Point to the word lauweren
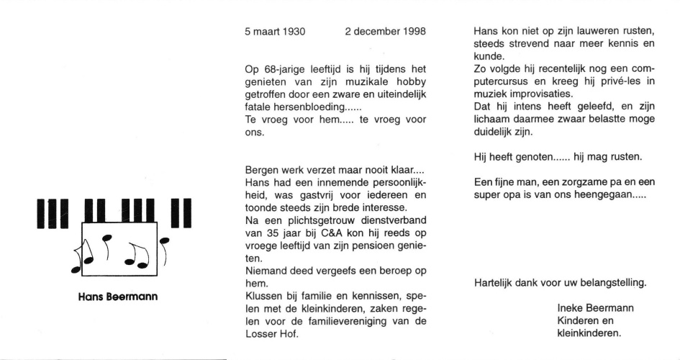(x=590, y=32)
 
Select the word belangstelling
(x=614, y=282)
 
